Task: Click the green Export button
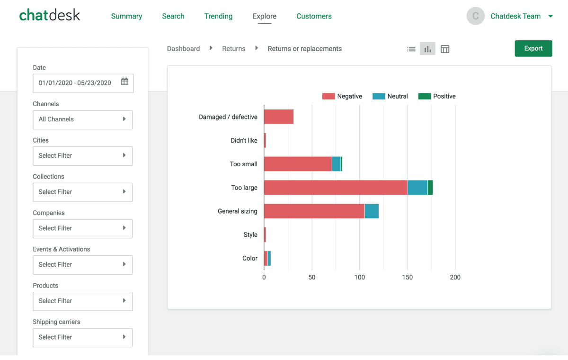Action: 533,48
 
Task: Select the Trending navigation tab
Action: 218,16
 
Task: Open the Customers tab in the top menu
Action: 314,16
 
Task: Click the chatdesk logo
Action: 50,15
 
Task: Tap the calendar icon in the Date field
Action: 124,82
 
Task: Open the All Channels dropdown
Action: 82,119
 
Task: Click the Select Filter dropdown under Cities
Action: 82,156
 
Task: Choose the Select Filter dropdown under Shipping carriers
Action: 82,337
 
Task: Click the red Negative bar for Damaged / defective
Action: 279,117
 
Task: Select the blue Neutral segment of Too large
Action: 417,188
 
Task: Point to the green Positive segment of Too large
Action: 430,188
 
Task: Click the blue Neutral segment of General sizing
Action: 372,211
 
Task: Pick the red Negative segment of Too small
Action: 298,164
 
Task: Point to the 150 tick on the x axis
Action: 408,277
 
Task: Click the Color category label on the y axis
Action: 249,258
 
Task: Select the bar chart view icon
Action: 427,49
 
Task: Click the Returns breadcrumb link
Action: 234,49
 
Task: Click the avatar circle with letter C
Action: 475,16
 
